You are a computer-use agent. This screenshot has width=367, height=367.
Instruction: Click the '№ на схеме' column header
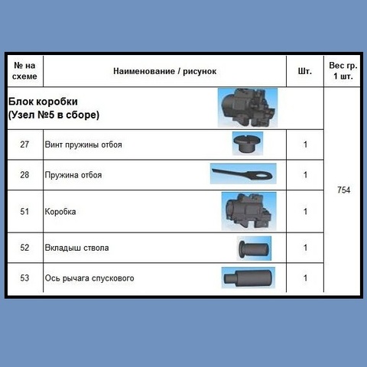(24, 71)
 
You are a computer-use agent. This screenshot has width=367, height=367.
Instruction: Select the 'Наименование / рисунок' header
(165, 71)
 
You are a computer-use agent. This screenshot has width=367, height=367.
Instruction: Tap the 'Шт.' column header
(305, 71)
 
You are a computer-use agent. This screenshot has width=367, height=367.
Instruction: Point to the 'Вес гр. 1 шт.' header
(343, 70)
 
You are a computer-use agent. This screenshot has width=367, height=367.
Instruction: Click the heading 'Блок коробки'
(43, 102)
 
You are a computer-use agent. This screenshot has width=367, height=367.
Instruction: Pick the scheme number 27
(24, 145)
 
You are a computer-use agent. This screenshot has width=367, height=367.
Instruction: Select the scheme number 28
(24, 175)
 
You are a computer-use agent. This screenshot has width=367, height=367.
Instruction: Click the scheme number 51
(24, 212)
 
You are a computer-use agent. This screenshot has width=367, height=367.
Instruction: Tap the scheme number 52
(24, 248)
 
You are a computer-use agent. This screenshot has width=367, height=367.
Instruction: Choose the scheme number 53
(24, 278)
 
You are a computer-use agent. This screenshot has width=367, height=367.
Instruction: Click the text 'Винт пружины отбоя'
(83, 145)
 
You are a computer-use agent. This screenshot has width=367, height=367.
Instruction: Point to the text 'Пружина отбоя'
(73, 175)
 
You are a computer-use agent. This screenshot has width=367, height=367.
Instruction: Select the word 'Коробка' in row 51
(60, 212)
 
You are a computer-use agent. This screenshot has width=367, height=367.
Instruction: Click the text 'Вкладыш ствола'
(76, 248)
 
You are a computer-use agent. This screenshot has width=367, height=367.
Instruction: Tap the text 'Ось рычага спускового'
(89, 278)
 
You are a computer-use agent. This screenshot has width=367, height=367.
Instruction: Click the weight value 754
(343, 190)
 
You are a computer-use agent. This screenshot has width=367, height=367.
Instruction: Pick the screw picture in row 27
(248, 144)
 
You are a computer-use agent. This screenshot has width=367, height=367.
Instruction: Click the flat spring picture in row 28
(243, 174)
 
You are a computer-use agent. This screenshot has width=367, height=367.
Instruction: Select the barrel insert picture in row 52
(254, 248)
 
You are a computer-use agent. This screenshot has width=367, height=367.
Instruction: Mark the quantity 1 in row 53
(305, 278)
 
